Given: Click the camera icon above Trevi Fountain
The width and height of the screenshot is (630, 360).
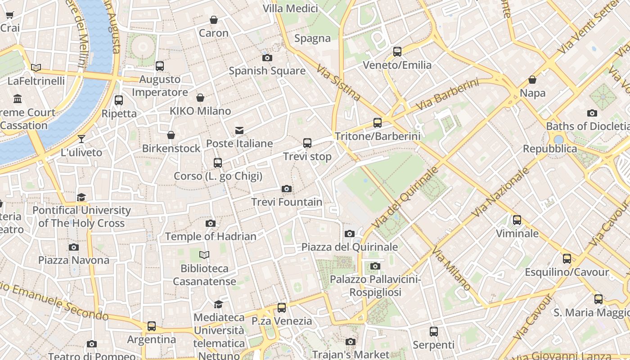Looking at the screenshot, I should tap(286, 189).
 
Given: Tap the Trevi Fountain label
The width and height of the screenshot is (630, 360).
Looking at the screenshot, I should tap(287, 202).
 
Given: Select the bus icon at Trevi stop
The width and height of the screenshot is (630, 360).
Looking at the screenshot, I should tap(307, 143).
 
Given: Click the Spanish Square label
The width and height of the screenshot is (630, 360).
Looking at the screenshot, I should tap(267, 71).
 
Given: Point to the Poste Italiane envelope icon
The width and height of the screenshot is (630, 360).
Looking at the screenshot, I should tap(239, 130).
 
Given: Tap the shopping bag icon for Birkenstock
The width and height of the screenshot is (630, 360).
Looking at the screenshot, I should tap(171, 135).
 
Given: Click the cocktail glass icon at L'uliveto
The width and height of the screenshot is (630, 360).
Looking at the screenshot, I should tap(81, 139).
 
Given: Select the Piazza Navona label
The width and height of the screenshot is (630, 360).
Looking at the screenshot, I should tap(74, 260).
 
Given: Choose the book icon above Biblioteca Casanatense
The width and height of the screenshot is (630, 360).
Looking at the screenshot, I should tap(204, 255).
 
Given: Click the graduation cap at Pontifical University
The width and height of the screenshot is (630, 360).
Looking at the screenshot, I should tap(81, 197).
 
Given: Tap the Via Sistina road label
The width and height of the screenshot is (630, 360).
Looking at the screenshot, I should tap(338, 82).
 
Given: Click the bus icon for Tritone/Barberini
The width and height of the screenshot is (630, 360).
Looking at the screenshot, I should tap(378, 122).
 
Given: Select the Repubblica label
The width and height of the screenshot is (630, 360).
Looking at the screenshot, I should tap(549, 148).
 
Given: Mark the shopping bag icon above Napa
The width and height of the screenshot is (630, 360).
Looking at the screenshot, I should tap(532, 80).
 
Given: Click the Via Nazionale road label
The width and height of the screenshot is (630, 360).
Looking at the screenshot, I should tap(500, 192).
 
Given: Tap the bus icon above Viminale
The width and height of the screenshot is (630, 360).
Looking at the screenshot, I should tap(517, 220).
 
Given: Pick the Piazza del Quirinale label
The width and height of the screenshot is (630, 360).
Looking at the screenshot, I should tap(350, 247).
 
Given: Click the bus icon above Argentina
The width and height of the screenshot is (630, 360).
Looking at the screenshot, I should tap(152, 326).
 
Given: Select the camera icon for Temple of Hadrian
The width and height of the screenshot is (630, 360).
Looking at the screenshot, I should tap(210, 223).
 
